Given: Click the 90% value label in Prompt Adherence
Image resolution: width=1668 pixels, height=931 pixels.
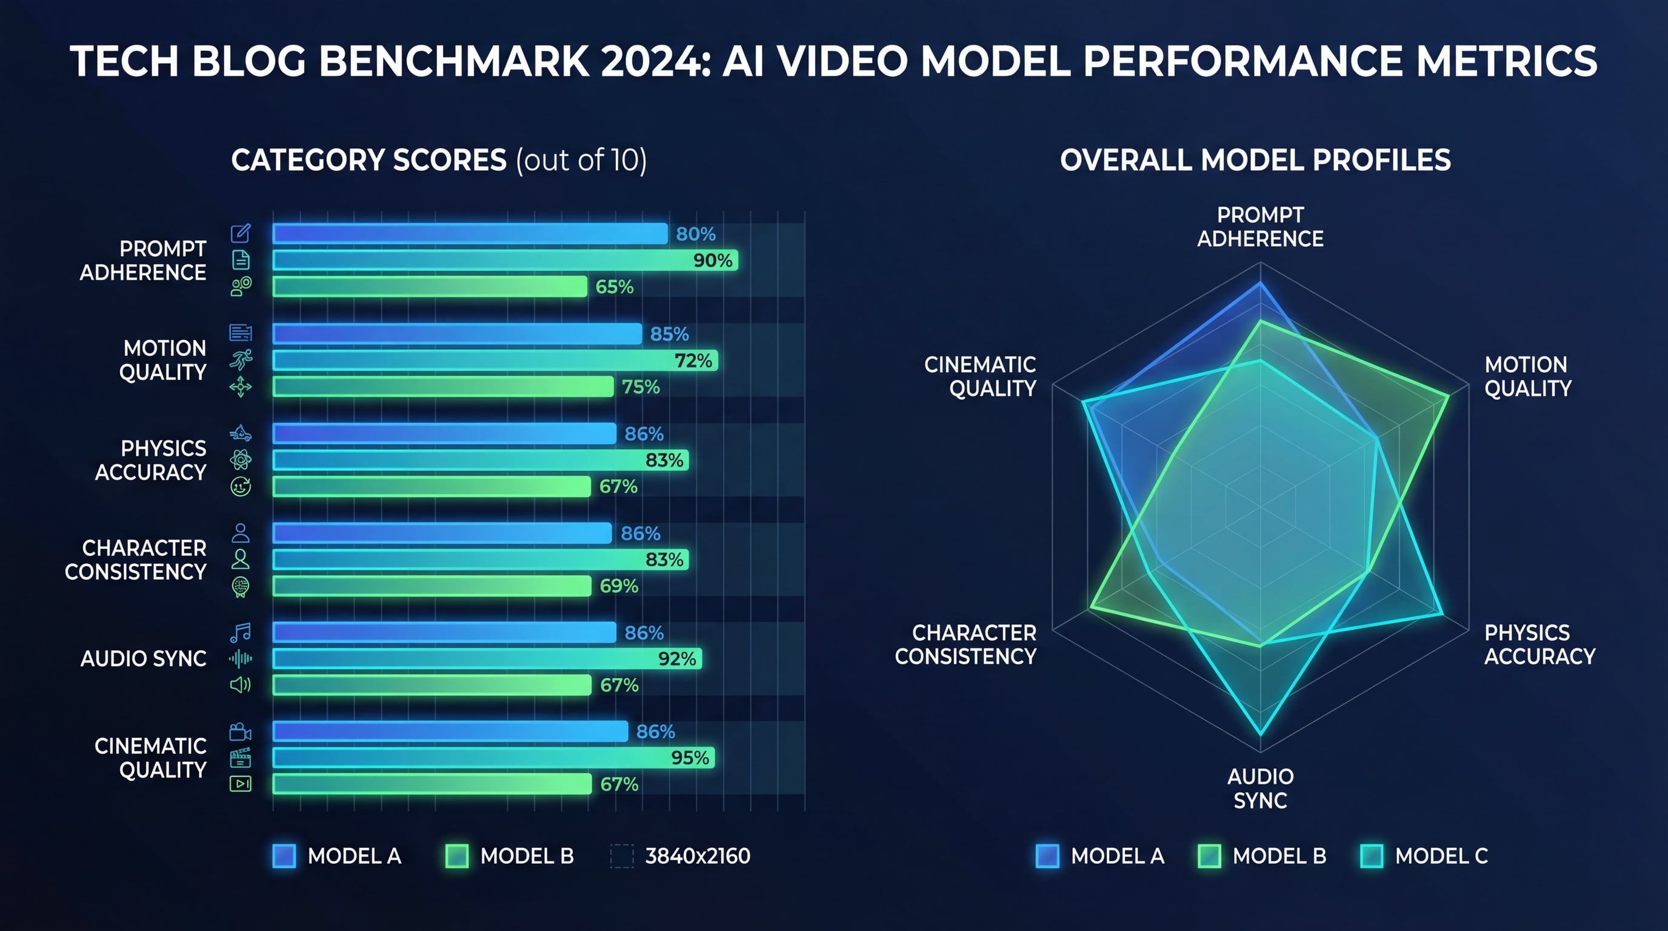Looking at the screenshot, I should pyautogui.click(x=712, y=260).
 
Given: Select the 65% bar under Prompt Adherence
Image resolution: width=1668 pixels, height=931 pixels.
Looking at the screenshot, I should pyautogui.click(x=430, y=287).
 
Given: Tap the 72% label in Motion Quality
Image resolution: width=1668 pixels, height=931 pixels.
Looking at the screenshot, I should pyautogui.click(x=693, y=361).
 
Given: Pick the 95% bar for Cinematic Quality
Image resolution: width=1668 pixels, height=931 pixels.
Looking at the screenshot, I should pyautogui.click(x=493, y=758).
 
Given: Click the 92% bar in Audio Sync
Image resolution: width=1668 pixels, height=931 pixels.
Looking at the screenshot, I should pyautogui.click(x=487, y=659).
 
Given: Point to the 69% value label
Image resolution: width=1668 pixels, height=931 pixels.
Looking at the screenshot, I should pyautogui.click(x=618, y=586).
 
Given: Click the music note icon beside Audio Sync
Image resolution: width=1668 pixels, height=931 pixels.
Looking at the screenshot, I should pyautogui.click(x=240, y=633).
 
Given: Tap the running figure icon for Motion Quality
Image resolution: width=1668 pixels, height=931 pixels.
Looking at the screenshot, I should pyautogui.click(x=240, y=360).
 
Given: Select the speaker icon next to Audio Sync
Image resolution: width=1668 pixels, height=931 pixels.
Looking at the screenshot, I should pyautogui.click(x=240, y=685).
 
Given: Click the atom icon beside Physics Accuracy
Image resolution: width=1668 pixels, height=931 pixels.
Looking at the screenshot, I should pyautogui.click(x=240, y=460).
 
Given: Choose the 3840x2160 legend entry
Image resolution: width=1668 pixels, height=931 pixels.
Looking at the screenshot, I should pyautogui.click(x=698, y=856).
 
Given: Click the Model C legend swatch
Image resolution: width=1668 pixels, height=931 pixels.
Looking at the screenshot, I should pyautogui.click(x=1372, y=856).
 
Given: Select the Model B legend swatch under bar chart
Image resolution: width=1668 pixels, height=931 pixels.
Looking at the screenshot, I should pyautogui.click(x=457, y=856).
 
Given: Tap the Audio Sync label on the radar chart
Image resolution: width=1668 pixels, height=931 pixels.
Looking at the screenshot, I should pyautogui.click(x=1260, y=789).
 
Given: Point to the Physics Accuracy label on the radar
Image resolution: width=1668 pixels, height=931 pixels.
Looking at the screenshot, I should pyautogui.click(x=1539, y=644).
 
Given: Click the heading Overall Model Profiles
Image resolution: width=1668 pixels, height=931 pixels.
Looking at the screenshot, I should pyautogui.click(x=1255, y=160).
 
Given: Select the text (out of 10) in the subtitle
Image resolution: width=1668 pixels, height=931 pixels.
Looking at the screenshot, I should pyautogui.click(x=581, y=160).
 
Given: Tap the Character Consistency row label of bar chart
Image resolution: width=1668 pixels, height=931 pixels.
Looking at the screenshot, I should pyautogui.click(x=135, y=560).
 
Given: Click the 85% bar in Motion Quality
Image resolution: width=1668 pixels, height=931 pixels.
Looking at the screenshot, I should pyautogui.click(x=457, y=334).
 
